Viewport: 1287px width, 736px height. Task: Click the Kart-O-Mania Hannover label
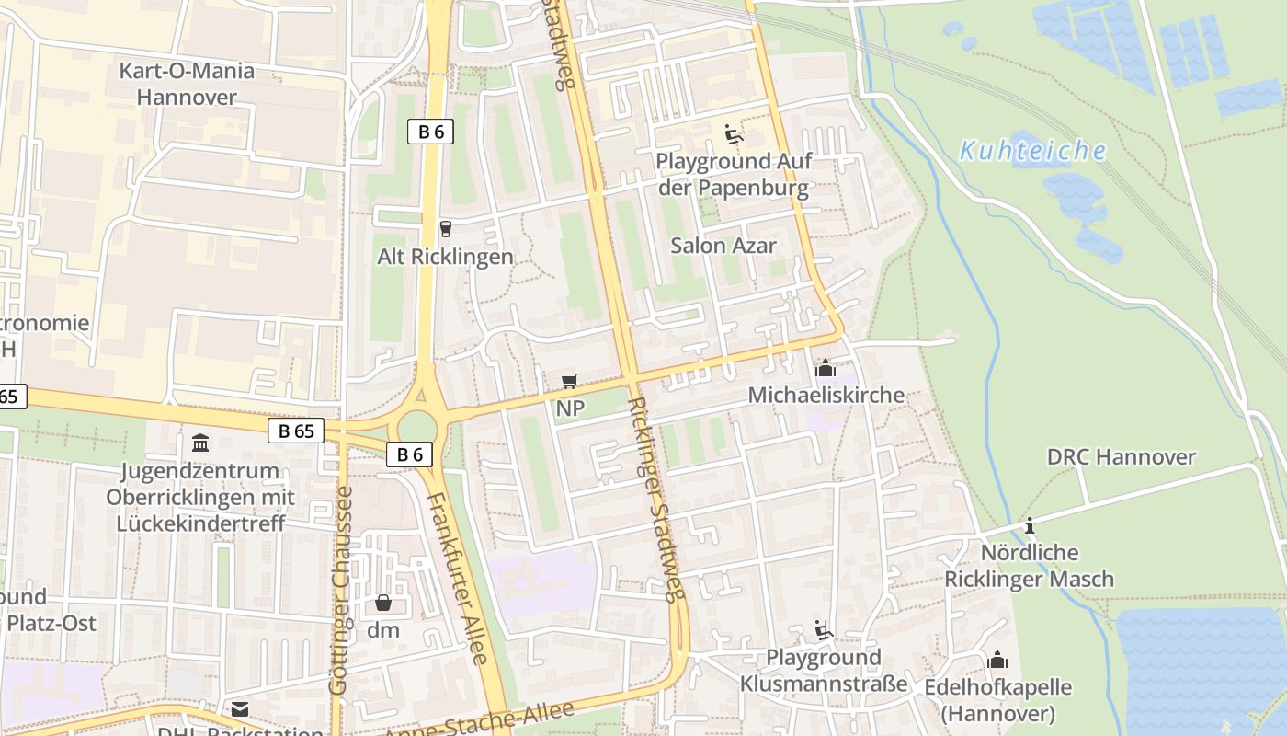pyautogui.click(x=188, y=84)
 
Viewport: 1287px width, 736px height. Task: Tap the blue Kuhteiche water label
pyautogui.click(x=1032, y=150)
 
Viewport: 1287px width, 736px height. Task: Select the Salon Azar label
pyautogui.click(x=723, y=246)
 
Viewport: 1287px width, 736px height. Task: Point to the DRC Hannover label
pyautogui.click(x=1121, y=456)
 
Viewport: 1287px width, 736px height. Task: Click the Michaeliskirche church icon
pyautogui.click(x=825, y=369)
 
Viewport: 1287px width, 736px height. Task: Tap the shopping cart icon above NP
pyautogui.click(x=570, y=381)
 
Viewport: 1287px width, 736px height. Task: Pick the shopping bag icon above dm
pyautogui.click(x=383, y=603)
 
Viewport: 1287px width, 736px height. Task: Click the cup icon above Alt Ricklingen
pyautogui.click(x=446, y=228)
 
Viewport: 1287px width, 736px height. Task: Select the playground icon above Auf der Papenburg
pyautogui.click(x=733, y=134)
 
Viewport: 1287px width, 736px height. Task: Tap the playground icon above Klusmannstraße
pyautogui.click(x=823, y=630)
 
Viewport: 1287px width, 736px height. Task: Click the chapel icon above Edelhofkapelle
pyautogui.click(x=997, y=660)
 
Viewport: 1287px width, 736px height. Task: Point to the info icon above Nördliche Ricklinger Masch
pyautogui.click(x=1030, y=525)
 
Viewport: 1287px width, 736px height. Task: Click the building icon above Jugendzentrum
pyautogui.click(x=200, y=443)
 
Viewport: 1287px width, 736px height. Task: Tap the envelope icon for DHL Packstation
pyautogui.click(x=240, y=709)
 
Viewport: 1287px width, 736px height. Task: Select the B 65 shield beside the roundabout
pyautogui.click(x=296, y=431)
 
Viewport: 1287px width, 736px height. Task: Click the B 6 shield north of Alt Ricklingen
pyautogui.click(x=430, y=132)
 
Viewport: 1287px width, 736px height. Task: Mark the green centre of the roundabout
pyautogui.click(x=416, y=426)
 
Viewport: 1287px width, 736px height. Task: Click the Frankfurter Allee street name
pyautogui.click(x=458, y=579)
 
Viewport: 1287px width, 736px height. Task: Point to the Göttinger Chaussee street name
pyautogui.click(x=340, y=590)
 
